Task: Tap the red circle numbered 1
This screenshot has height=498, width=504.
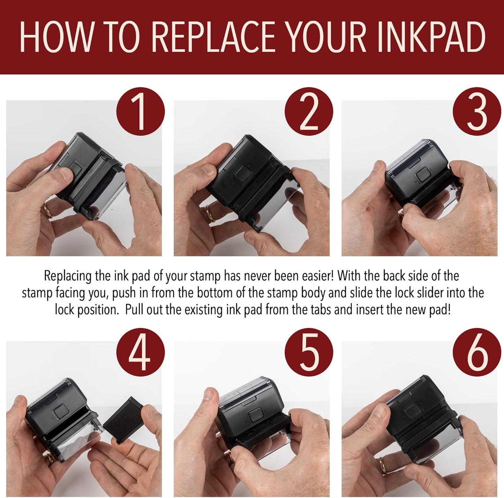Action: point(140,111)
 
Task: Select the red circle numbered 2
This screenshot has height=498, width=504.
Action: point(309,111)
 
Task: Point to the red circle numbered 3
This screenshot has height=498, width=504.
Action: point(476,111)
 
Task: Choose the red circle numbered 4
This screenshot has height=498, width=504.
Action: point(140,352)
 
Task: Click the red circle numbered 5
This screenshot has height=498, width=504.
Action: point(309,352)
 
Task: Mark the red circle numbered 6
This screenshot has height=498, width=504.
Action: point(476,352)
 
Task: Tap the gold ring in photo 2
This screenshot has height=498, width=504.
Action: point(210,213)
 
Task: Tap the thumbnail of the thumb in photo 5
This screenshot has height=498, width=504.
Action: point(208,395)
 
